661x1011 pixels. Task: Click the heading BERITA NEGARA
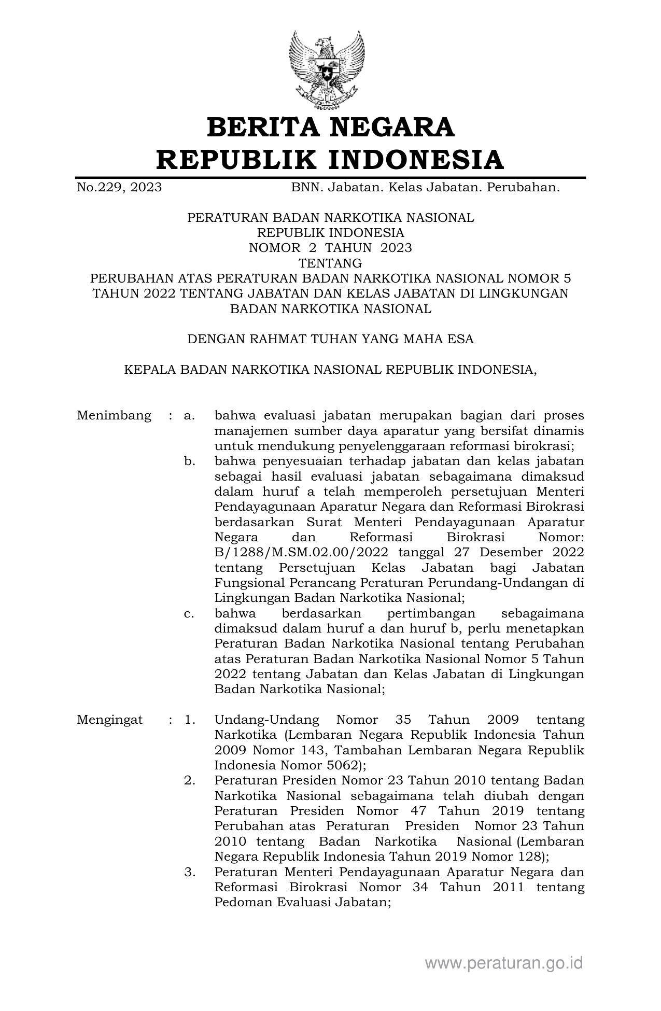pos(330,127)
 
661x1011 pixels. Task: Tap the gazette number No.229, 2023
pos(119,187)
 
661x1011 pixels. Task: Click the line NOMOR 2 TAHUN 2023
pos(330,248)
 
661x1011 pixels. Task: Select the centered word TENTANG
pos(330,263)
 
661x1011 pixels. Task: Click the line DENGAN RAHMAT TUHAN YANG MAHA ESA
pos(330,339)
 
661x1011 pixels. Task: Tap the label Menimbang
pos(114,416)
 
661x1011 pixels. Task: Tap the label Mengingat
pos(110,720)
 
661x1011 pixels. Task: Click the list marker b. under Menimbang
pos(189,461)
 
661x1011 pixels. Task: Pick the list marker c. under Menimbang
pos(189,614)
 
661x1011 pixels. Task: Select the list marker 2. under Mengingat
pos(189,781)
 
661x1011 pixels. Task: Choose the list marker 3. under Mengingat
pos(189,872)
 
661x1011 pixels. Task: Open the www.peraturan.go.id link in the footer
pos(504,963)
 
